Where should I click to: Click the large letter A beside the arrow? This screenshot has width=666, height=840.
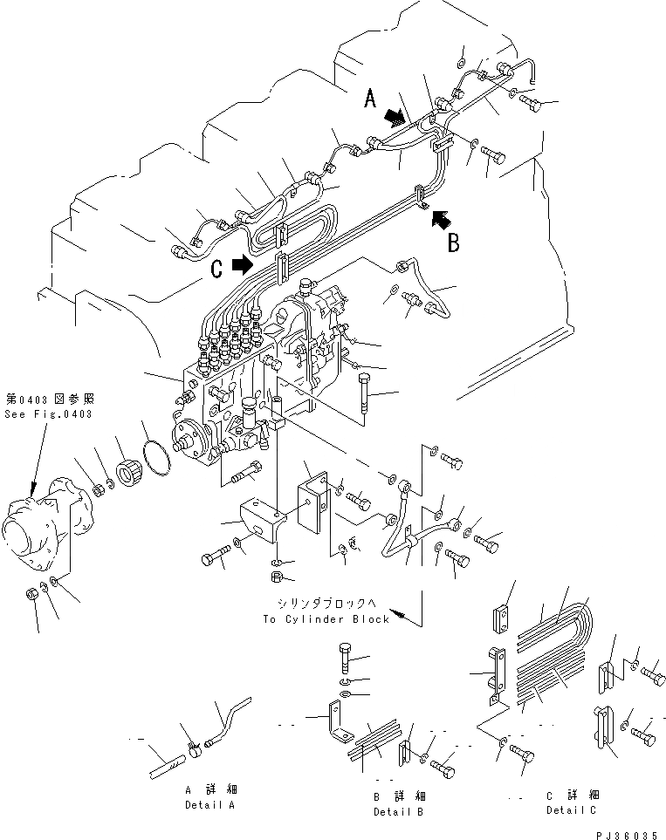(369, 101)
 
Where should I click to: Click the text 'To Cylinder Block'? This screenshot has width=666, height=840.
(326, 618)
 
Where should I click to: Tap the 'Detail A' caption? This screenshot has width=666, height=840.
(209, 805)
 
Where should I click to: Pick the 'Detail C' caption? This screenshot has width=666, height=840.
(573, 809)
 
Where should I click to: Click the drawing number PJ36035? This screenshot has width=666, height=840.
(630, 834)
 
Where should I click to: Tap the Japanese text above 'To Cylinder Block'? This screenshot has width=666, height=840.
(325, 604)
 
